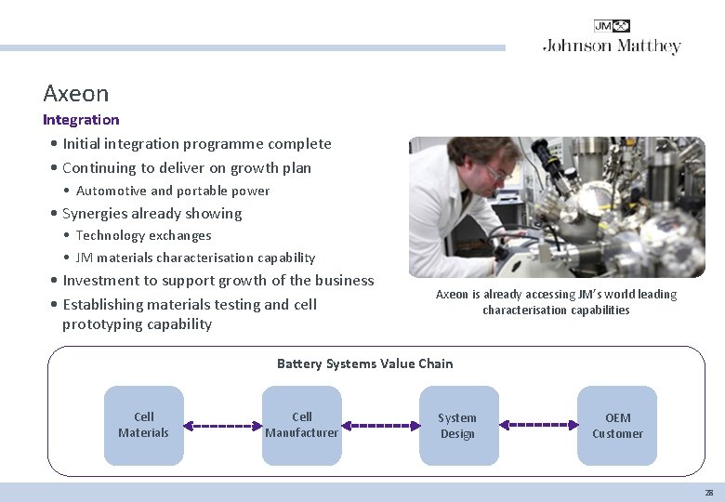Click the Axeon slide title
(76, 94)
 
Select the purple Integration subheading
(81, 120)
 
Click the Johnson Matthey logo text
(612, 46)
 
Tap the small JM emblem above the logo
(612, 26)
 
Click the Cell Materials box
(144, 425)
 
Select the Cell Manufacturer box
(302, 425)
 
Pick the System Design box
(457, 426)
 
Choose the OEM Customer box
(617, 426)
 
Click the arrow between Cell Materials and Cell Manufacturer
(223, 426)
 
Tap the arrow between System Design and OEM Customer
(539, 425)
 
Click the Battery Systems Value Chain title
(364, 363)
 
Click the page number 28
(708, 493)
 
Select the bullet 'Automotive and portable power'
(173, 192)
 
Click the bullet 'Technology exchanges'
(143, 236)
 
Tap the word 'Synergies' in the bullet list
(93, 214)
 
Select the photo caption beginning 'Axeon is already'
(556, 302)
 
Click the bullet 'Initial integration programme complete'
(196, 144)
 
